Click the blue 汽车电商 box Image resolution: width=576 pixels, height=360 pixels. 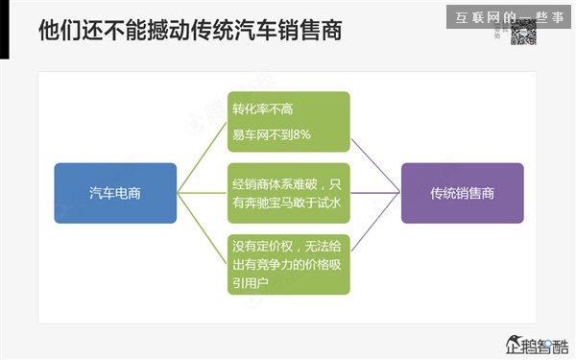point(116,193)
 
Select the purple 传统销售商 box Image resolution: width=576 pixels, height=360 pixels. point(462,193)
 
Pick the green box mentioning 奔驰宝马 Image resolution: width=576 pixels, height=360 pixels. point(289,193)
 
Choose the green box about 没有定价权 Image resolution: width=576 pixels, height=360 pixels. point(289,263)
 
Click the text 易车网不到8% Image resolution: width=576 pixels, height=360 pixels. point(272,134)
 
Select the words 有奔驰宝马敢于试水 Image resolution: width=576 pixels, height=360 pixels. point(287,203)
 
